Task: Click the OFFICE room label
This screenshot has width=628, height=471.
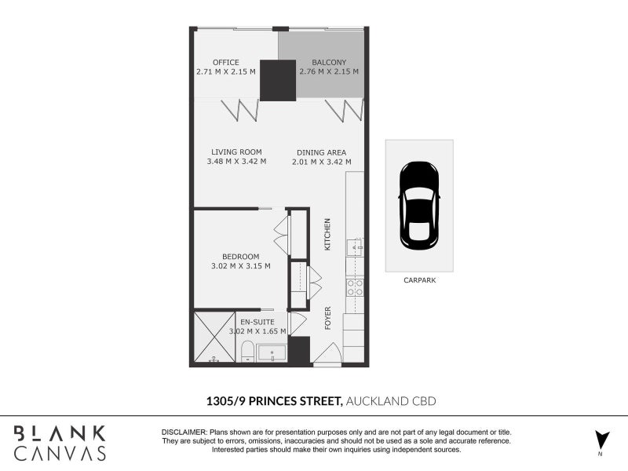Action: coord(226,62)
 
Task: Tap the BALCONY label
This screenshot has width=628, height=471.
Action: coord(329,62)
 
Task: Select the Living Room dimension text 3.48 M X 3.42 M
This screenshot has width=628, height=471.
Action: coord(236,162)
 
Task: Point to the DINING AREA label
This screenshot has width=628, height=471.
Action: coord(322,152)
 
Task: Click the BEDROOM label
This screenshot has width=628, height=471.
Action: coord(241,257)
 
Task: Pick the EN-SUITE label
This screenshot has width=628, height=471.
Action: coord(257,322)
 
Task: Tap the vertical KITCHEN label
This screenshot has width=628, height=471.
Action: coord(327,235)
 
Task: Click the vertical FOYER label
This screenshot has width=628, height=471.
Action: coord(328,318)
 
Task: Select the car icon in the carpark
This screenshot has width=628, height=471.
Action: coord(419,206)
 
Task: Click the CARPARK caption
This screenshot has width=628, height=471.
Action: coord(419,280)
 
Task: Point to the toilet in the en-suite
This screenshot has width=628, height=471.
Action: coord(248,352)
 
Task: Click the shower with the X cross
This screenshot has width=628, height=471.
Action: coord(214,338)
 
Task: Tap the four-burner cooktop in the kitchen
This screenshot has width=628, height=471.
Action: coord(355,287)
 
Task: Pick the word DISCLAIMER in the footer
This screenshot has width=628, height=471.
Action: coord(184,433)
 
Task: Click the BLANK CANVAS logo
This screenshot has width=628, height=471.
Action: coord(60,443)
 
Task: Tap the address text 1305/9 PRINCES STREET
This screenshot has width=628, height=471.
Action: coord(274,401)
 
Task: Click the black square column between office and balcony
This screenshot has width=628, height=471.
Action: coord(278,80)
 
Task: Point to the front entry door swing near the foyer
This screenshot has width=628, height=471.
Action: coord(328,353)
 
